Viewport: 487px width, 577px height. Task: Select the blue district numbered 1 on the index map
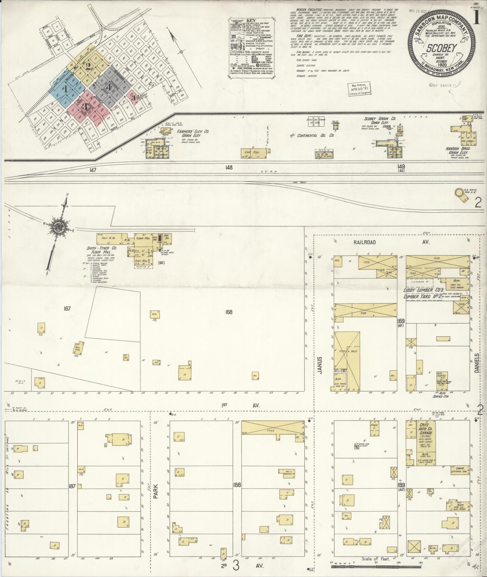pyautogui.click(x=65, y=89)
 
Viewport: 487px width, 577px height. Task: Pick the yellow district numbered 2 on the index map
pyautogui.click(x=88, y=66)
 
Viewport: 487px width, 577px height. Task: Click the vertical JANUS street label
pyautogui.click(x=321, y=365)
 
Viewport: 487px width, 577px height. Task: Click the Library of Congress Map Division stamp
pyautogui.click(x=360, y=90)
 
